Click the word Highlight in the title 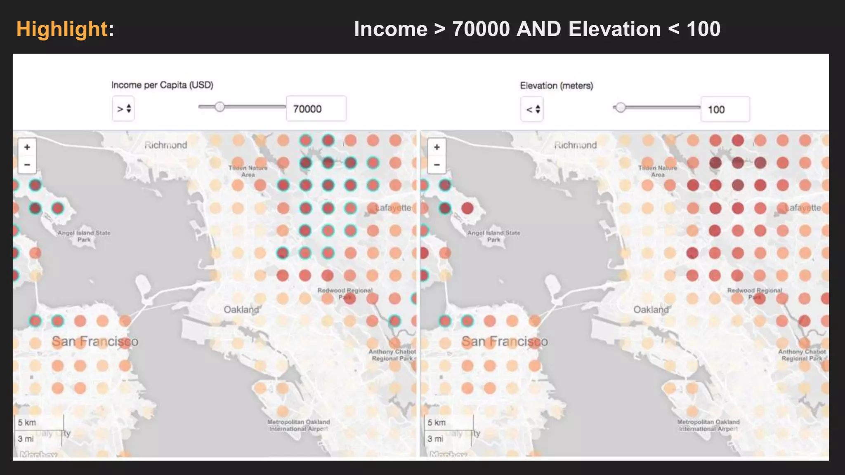(x=62, y=29)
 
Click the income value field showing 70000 (x=316, y=109)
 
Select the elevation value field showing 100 (x=725, y=110)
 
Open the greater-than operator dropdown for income (x=123, y=109)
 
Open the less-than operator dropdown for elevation (x=532, y=110)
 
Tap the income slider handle (x=220, y=107)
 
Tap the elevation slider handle (x=621, y=108)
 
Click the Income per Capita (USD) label (x=162, y=85)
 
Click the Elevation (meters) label (x=556, y=86)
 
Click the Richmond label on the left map (x=165, y=145)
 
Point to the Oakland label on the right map (x=651, y=310)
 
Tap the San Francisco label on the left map (x=95, y=341)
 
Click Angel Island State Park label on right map (x=493, y=236)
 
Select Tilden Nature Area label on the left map (x=248, y=171)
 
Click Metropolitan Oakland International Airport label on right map (x=708, y=425)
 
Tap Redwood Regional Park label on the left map (x=345, y=293)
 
